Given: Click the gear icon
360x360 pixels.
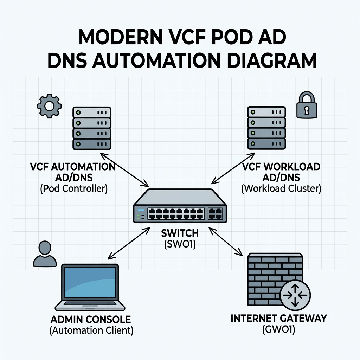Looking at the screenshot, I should (x=50, y=105).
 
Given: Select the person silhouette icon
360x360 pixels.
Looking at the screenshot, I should (x=45, y=253).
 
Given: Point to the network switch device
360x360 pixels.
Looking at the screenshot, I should (x=179, y=206).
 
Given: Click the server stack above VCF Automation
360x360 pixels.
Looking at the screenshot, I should (x=92, y=128).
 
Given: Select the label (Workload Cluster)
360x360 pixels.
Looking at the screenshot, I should (x=281, y=188).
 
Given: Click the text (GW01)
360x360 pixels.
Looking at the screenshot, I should (x=278, y=330).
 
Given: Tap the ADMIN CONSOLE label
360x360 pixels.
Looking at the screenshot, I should (x=90, y=320).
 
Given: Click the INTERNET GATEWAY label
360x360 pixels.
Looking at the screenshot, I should (x=278, y=319).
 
